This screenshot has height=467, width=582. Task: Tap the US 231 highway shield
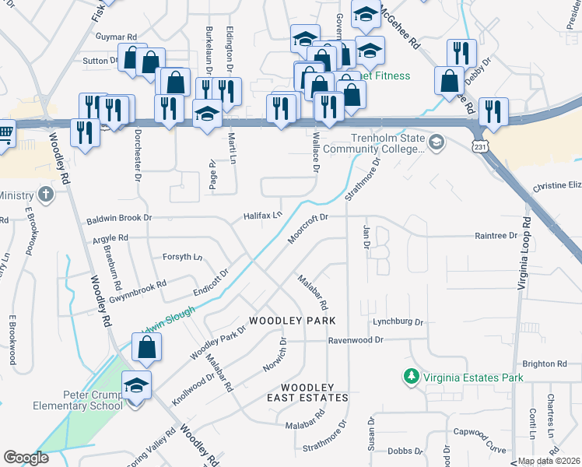click(x=481, y=146)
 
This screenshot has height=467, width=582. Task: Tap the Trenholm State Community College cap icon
click(x=436, y=142)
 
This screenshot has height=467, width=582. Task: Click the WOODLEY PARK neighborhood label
click(x=292, y=321)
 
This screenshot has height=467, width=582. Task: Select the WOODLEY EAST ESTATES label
click(x=307, y=392)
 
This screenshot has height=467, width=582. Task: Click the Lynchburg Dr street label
click(x=397, y=321)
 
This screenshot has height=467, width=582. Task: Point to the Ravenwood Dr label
click(x=356, y=340)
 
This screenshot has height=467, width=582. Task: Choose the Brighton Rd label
click(x=545, y=363)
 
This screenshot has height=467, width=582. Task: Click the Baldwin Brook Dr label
click(x=119, y=219)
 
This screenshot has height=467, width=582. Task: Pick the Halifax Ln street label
click(x=261, y=215)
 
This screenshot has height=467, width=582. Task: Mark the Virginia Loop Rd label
click(x=524, y=254)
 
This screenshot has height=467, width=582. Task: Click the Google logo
click(x=26, y=458)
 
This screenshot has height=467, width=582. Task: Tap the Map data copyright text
click(x=549, y=461)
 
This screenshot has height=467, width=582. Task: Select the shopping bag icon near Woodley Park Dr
click(x=147, y=349)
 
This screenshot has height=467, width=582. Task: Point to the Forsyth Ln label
click(x=182, y=257)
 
